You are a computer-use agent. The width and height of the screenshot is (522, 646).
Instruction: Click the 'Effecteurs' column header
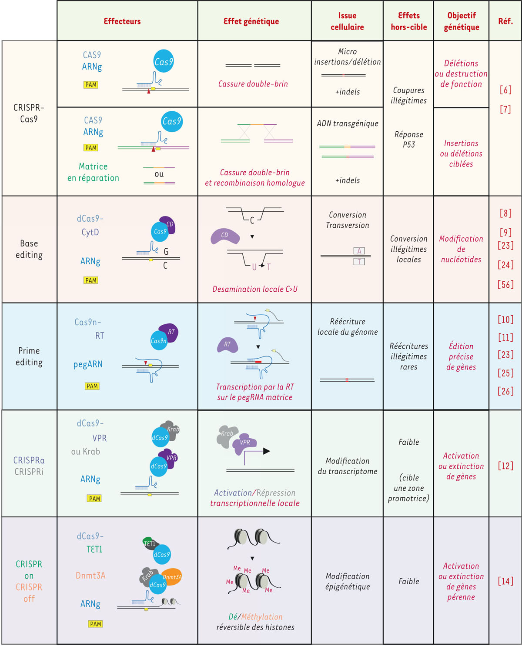pos(122,21)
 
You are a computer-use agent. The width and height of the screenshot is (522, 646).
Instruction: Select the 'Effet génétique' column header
pos(251,21)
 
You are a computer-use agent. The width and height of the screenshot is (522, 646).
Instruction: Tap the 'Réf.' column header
pos(505,21)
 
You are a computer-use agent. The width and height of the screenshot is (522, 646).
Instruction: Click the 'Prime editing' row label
pos(29,356)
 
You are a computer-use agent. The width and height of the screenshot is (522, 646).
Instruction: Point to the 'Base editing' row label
pos(29,249)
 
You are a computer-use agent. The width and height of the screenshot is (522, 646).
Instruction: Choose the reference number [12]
pos(505,466)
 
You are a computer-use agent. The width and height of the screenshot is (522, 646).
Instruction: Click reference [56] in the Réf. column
pos(505,285)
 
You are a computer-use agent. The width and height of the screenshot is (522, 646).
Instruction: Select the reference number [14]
pos(505,581)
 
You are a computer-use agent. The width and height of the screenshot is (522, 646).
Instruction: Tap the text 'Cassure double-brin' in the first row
pos(253,84)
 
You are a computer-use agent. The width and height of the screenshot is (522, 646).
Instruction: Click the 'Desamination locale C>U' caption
pos(254,289)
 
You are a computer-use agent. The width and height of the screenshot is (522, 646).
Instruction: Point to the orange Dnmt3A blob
pos(172,576)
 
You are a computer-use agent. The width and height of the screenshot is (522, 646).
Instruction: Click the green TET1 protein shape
pos(149,543)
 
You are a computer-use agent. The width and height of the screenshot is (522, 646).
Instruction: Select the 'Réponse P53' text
pos(408,140)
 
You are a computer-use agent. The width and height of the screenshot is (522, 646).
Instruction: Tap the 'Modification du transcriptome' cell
pos(347,466)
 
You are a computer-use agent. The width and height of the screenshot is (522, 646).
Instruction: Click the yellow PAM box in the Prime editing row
pos(92,386)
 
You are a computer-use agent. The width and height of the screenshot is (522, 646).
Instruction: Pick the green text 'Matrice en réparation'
pos(93,172)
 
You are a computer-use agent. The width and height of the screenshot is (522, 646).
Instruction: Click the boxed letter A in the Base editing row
pos(359,251)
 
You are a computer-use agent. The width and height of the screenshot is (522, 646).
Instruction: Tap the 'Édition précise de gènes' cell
pos(461,356)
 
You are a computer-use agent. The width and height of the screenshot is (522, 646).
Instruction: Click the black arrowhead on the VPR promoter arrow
pos(267,451)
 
